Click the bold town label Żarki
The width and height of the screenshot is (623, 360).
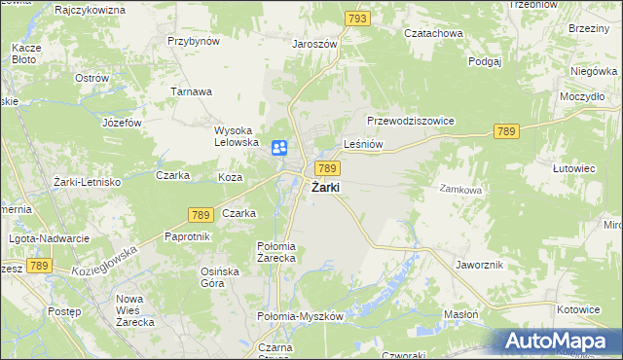pos(325,188)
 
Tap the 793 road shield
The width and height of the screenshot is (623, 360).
pos(358,18)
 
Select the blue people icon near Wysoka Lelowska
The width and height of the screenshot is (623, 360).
pos(279,148)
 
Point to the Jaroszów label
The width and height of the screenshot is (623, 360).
pos(314,44)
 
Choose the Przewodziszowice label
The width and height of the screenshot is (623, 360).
pos(411,121)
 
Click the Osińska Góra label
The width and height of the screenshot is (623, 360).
pos(219,277)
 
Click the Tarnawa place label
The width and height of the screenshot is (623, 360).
pos(193,91)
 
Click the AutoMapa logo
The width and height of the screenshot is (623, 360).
pos(560,342)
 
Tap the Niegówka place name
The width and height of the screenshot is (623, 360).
pos(595,70)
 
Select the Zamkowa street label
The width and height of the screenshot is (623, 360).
pos(460,190)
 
